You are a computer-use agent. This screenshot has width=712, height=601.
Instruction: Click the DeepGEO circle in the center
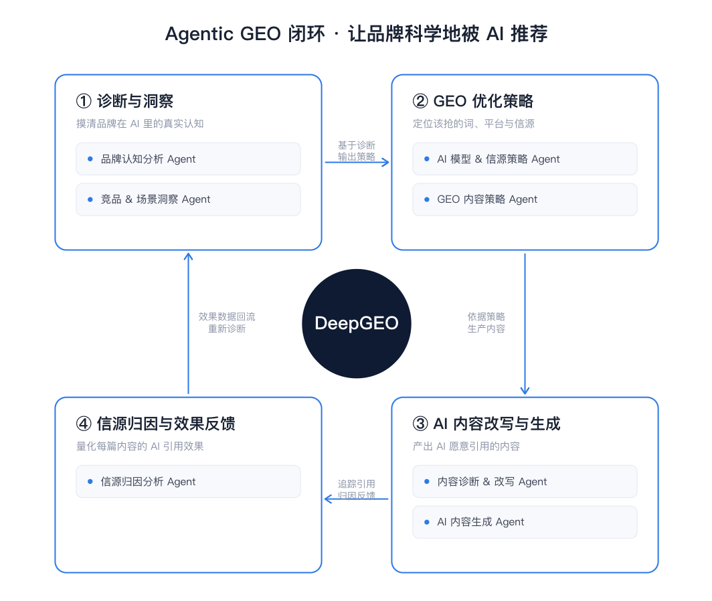tap(357, 323)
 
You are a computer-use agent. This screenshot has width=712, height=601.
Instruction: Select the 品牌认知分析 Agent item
tap(188, 159)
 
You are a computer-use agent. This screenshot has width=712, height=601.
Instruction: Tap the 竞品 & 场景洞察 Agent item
tap(188, 199)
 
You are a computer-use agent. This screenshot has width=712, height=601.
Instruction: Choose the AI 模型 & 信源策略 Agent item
tap(525, 159)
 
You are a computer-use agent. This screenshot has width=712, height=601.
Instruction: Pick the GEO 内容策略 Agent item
tap(525, 199)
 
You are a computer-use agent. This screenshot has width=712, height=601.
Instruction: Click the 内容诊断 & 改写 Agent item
tap(525, 481)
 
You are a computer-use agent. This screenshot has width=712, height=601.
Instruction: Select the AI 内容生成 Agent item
tap(525, 522)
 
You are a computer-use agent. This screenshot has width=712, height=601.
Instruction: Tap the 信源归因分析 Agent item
tap(188, 481)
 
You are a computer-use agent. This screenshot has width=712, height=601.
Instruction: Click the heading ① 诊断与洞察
tap(125, 101)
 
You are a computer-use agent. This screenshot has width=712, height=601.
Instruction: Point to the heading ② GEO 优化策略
tap(473, 101)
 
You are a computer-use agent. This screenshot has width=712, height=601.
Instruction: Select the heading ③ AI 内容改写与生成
tap(486, 424)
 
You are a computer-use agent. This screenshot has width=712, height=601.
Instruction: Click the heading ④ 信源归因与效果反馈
tap(156, 424)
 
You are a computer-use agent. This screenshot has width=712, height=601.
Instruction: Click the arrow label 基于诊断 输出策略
tap(357, 151)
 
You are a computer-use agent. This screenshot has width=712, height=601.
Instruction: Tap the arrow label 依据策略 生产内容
tap(486, 323)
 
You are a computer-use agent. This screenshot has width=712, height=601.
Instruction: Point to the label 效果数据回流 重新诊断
tap(227, 323)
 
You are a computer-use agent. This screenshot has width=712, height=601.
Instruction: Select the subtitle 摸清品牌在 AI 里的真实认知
tap(140, 124)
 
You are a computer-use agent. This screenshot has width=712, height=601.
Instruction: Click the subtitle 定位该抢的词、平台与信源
tap(474, 124)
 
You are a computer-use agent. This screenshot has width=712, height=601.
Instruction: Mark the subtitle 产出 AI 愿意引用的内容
tap(466, 446)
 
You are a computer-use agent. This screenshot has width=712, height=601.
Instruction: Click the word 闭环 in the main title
tap(306, 34)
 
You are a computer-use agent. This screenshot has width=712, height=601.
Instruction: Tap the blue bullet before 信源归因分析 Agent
tap(90, 481)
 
